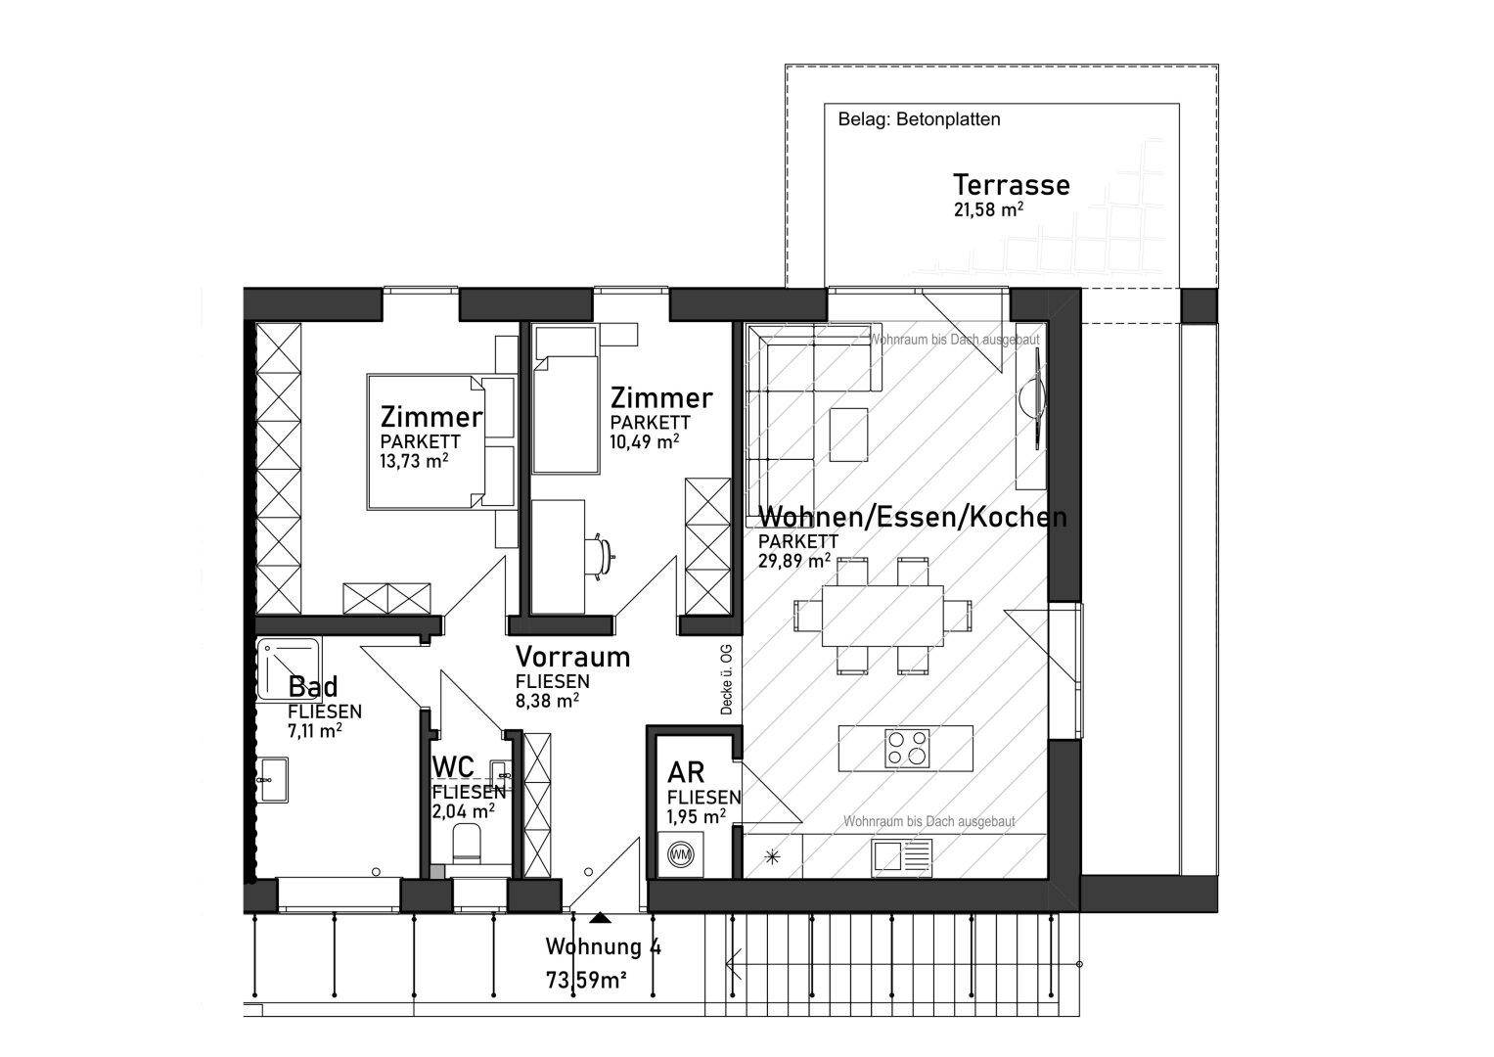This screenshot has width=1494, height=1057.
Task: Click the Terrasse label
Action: pos(1011,184)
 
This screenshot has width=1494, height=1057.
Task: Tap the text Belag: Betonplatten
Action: pos(919,119)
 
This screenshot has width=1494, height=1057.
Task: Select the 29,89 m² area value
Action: pos(794,561)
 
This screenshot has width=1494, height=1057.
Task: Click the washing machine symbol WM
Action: pos(680,854)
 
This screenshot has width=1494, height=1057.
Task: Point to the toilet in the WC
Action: pos(467,843)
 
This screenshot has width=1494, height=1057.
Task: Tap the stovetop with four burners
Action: pos(905,748)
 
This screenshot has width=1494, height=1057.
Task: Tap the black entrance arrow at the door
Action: pos(599,918)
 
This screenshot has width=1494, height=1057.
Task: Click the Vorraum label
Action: pos(572,656)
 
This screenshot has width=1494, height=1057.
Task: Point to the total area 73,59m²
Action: pos(586,980)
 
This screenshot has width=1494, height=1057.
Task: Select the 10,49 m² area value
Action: pos(644,441)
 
